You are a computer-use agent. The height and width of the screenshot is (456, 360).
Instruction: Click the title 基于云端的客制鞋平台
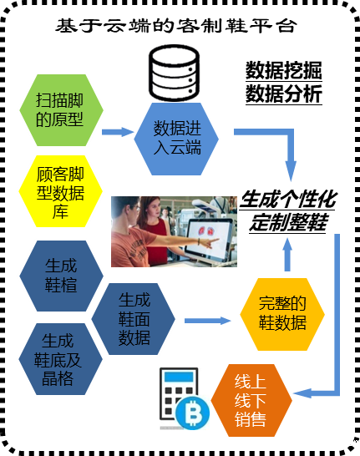(176, 26)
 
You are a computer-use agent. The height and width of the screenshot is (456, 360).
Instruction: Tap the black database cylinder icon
(175, 73)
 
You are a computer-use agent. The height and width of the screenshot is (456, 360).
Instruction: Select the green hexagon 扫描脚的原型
(61, 110)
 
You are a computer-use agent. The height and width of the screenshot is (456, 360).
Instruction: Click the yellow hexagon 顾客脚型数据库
(60, 191)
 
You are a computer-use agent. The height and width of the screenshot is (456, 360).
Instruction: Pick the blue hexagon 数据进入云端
(176, 139)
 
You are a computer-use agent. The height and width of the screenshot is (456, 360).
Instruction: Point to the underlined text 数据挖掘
(284, 70)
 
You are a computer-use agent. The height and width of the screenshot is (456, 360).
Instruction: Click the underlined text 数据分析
(284, 94)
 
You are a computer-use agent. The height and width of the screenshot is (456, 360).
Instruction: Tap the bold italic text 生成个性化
(288, 200)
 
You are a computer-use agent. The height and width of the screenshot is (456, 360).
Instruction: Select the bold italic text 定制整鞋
(288, 222)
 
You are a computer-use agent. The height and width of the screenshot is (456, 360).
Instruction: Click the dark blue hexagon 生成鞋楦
(61, 276)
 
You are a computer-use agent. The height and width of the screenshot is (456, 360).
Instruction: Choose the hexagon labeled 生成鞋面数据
(134, 319)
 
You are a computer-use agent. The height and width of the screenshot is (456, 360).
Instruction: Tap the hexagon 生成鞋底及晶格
(60, 359)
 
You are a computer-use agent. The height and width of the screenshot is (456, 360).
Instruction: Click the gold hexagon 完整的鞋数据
(282, 314)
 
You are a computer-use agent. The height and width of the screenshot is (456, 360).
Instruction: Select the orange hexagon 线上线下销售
(251, 400)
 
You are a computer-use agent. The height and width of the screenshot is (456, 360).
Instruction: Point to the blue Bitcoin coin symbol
(192, 413)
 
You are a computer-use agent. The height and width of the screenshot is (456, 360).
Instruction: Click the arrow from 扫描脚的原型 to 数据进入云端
(118, 132)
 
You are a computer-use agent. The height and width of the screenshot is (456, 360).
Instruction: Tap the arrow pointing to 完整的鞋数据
(208, 321)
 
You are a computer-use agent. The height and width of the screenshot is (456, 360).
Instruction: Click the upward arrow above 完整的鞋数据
(287, 255)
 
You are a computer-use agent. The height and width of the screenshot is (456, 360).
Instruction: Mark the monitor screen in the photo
(208, 237)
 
